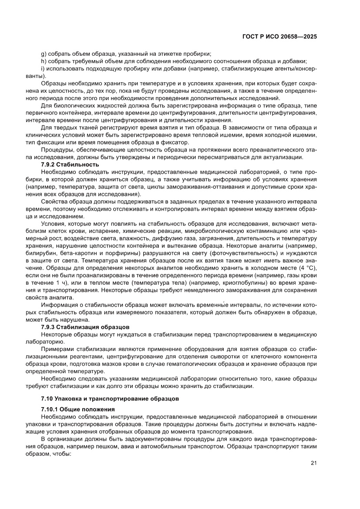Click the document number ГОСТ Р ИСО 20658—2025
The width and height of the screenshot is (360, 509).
click(279, 37)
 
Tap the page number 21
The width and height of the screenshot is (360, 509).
click(313, 463)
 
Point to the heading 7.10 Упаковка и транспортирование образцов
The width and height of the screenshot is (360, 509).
click(101, 398)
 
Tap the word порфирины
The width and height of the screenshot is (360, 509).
click(127, 253)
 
